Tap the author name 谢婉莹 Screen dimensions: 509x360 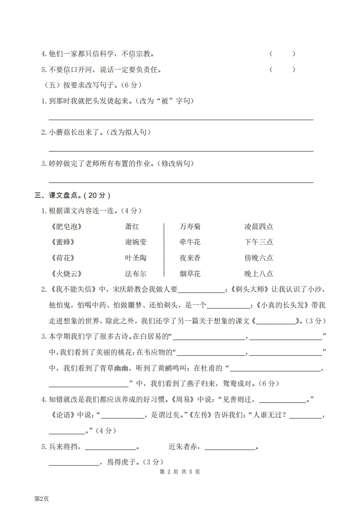(136, 242)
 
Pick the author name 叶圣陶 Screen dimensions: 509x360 (136, 258)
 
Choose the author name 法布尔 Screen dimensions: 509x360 (136, 274)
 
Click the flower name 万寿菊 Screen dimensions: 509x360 (190, 226)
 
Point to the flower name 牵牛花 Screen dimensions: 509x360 (190, 242)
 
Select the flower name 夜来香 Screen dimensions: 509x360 (190, 258)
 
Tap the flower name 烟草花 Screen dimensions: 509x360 (190, 274)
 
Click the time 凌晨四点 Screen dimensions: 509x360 (258, 226)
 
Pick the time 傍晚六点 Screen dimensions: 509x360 (258, 258)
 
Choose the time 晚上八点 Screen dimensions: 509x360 (258, 274)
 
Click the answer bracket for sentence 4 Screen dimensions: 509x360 (282, 54)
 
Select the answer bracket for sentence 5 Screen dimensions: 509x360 (282, 69)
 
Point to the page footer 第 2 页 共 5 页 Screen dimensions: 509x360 (180, 472)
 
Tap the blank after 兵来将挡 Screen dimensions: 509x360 (111, 448)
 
